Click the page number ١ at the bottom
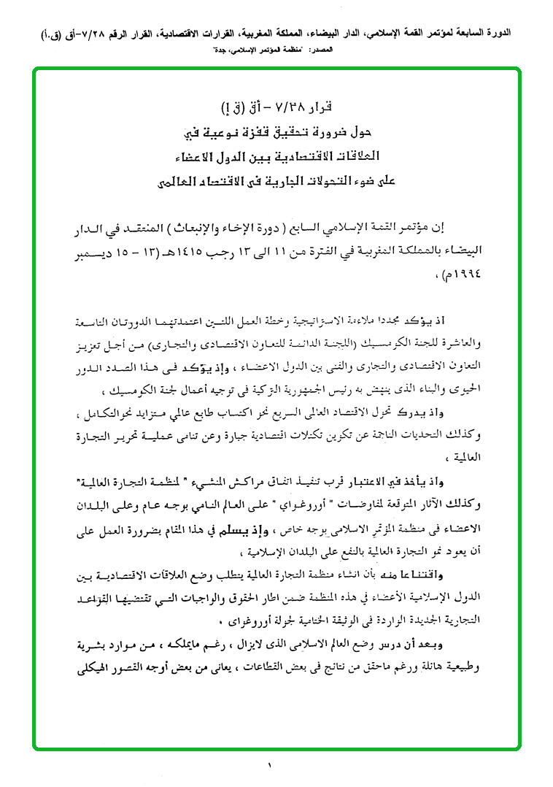[x=268, y=765]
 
